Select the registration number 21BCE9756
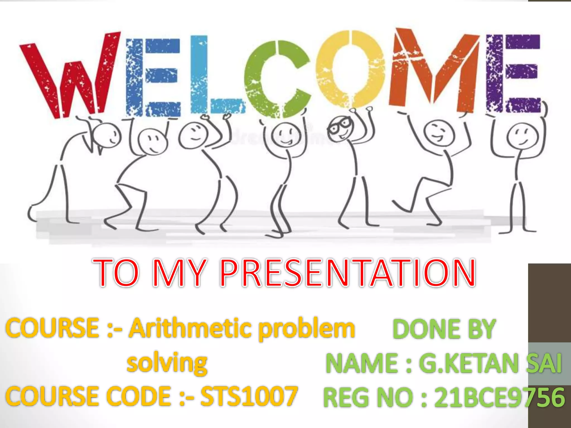click(x=499, y=397)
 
